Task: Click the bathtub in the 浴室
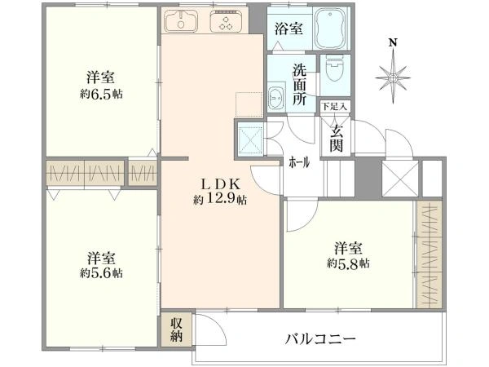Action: (x=331, y=29)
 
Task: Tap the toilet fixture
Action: (x=335, y=67)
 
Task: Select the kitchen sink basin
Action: (x=181, y=20)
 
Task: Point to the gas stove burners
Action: (x=226, y=20)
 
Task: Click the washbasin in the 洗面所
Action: (x=276, y=97)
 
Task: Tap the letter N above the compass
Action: (x=393, y=42)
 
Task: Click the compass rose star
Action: (x=393, y=77)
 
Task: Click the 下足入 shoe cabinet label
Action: (x=335, y=107)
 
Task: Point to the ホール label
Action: (x=299, y=162)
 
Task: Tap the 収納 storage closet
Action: (x=176, y=329)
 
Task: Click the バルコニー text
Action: (x=320, y=338)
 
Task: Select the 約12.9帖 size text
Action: (x=220, y=199)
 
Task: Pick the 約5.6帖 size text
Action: (x=101, y=273)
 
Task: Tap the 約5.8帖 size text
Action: (x=348, y=263)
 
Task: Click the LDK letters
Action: (x=221, y=184)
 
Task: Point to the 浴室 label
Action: (x=289, y=29)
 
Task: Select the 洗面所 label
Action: (x=299, y=85)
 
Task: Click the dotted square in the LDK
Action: (x=249, y=104)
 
